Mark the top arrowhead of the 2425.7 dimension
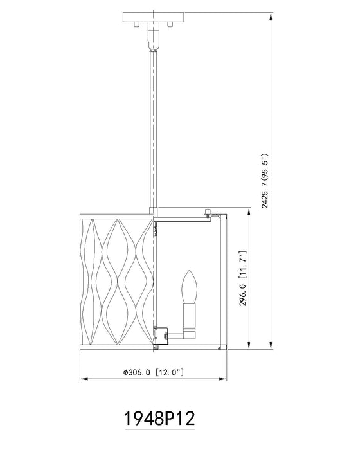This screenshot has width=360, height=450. [271, 15]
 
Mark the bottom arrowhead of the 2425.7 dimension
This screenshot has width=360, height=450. [271, 347]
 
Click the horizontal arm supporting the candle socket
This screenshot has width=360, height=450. [177, 334]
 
